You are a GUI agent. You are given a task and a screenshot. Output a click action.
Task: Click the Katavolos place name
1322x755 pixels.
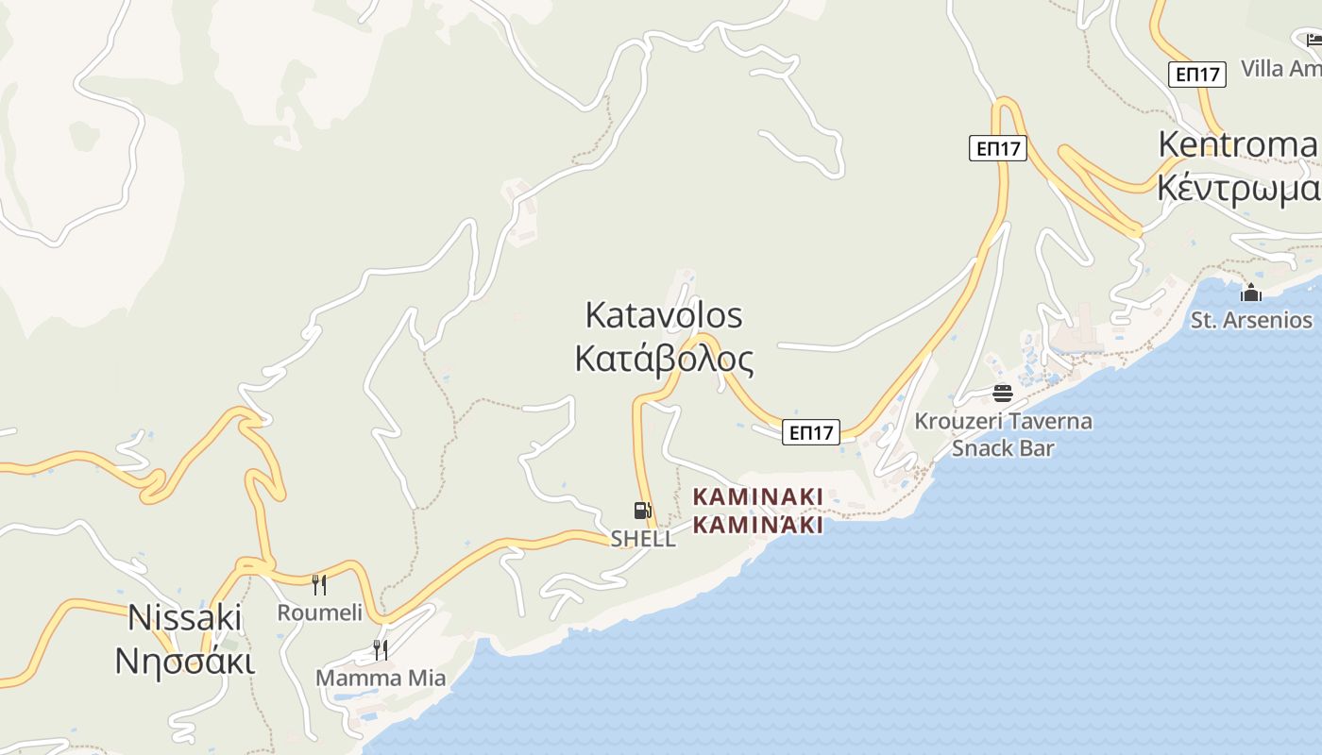[x=664, y=315]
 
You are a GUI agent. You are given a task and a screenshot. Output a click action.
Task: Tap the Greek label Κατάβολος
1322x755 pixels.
[x=664, y=360]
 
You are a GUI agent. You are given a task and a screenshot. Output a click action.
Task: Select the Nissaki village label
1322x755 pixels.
[x=185, y=617]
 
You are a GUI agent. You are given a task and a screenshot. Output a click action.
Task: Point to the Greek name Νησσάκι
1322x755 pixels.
[x=185, y=661]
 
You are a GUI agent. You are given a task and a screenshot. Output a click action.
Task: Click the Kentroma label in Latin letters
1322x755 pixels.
[x=1237, y=144]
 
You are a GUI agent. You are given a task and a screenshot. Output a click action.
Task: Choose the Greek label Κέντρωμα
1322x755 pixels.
[x=1238, y=189]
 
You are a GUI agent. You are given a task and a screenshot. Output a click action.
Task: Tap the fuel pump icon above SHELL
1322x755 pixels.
[x=643, y=512]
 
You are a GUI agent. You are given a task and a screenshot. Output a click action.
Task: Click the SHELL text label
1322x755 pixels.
[x=643, y=539]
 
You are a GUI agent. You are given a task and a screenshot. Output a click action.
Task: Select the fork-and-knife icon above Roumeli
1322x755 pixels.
[x=319, y=585]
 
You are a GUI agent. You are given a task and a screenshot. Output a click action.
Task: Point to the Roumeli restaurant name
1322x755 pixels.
[x=319, y=612]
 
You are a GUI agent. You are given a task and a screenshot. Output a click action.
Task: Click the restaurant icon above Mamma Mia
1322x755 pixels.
[x=380, y=650]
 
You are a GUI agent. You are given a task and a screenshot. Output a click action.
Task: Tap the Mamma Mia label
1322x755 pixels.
[x=381, y=678]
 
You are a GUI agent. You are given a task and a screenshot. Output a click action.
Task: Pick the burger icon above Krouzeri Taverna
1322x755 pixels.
[x=1003, y=394]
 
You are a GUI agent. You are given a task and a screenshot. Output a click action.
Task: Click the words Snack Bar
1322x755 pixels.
[x=1003, y=447]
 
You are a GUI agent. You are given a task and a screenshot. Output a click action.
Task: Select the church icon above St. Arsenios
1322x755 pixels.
[x=1251, y=293]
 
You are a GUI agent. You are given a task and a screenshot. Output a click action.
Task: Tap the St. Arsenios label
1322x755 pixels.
[x=1251, y=320]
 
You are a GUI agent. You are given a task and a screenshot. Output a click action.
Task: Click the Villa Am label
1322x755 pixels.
[x=1280, y=68]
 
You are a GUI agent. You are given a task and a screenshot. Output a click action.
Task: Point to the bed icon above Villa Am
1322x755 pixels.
[x=1314, y=40]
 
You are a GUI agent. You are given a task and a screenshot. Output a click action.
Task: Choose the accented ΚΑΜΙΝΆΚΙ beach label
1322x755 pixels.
[x=758, y=525]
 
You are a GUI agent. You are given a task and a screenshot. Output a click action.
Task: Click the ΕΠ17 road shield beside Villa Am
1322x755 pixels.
[x=1197, y=74]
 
